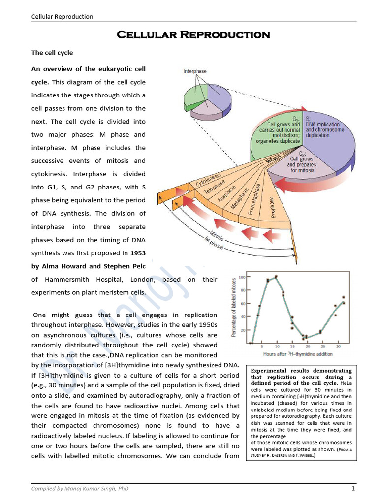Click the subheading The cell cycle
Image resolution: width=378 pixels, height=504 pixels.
tap(52, 53)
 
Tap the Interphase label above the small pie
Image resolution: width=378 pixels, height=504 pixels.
tap(195, 71)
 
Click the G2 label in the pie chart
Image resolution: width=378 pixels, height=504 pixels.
tap(300, 154)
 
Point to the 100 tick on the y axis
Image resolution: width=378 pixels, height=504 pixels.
tap(241, 277)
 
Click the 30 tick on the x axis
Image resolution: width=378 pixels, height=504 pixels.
tap(338, 346)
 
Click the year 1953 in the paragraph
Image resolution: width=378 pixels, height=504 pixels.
tap(138, 253)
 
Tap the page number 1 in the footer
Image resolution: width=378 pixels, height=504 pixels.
tap(353, 488)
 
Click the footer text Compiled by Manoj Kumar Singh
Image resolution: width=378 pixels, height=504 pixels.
tap(80, 488)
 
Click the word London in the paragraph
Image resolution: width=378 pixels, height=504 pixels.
tap(144, 279)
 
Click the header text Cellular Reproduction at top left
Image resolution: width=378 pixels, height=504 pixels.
tap(62, 17)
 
